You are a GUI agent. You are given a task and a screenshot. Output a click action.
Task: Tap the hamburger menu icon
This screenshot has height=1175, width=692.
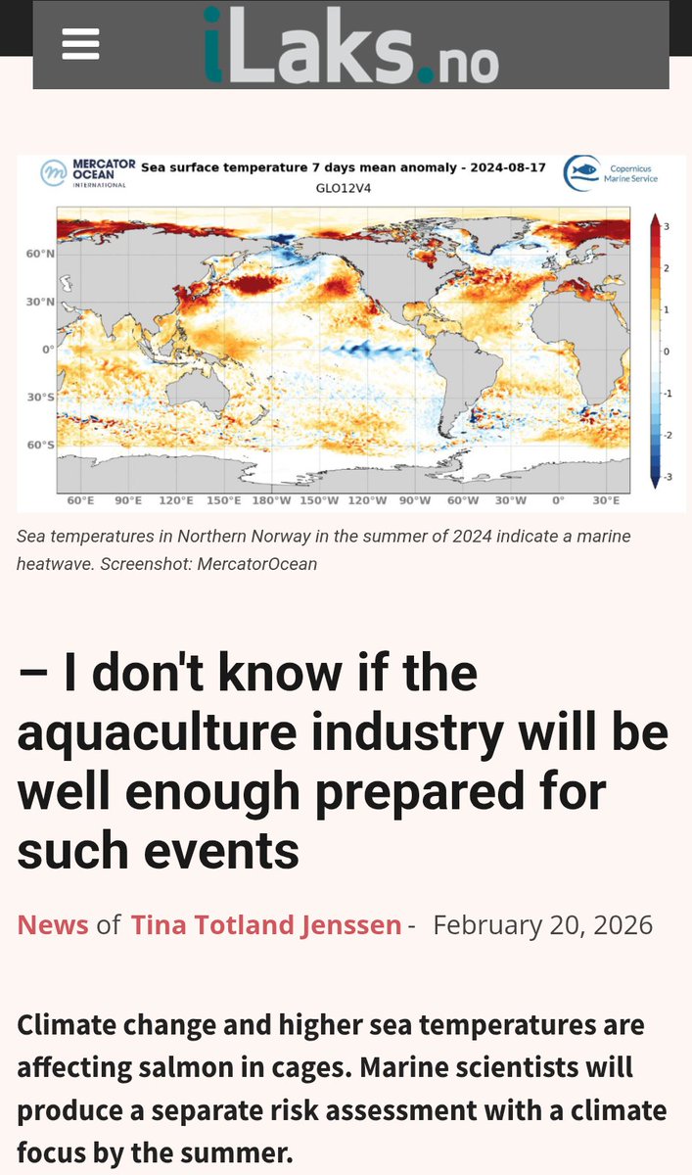pos(80,44)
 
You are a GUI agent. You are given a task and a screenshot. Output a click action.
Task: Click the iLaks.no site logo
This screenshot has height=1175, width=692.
pos(350,45)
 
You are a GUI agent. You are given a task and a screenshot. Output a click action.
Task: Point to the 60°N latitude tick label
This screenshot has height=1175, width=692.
pos(40,254)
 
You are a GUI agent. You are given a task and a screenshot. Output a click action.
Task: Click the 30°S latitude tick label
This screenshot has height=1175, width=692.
pos(40,398)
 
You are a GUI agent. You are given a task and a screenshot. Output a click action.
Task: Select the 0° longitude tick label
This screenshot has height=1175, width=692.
pos(558,501)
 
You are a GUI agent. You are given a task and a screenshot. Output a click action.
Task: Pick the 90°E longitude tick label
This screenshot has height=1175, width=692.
pos(127,501)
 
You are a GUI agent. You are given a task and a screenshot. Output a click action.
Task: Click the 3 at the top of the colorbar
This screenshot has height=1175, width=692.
pos(666,227)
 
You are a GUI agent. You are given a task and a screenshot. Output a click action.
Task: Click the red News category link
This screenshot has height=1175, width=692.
pos(53,924)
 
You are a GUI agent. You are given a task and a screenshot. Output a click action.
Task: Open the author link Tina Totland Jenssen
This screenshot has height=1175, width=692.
pos(266,924)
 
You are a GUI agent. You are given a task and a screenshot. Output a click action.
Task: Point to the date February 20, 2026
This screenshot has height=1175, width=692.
pos(542,924)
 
